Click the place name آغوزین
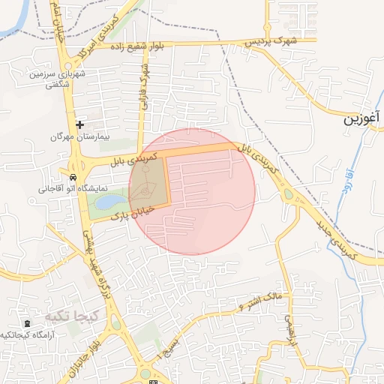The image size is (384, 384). (x=364, y=119)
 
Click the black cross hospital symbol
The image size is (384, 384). (x=79, y=124)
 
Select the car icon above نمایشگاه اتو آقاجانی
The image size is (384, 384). (x=72, y=178)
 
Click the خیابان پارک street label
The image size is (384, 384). (x=132, y=212)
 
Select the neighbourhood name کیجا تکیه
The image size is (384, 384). (x=70, y=315)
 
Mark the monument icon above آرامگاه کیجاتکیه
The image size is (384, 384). (x=28, y=323)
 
